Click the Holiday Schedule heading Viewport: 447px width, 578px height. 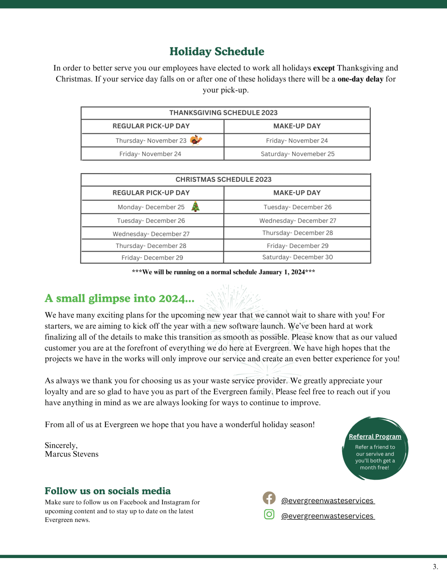217,52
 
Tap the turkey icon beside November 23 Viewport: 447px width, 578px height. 196,140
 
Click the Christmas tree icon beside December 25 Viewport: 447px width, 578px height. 195,207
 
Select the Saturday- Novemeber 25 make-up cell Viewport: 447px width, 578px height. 297,154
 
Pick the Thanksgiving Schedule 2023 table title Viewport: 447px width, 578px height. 223,113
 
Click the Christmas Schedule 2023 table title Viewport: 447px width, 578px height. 223,179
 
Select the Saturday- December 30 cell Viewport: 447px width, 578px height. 297,257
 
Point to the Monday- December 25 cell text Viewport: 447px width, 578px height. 151,207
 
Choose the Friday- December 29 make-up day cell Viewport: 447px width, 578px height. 297,246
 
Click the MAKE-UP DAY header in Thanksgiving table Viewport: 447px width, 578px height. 297,126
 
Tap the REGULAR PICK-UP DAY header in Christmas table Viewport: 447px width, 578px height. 151,193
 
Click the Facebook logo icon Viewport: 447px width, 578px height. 269,498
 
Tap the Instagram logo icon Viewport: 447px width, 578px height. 269,514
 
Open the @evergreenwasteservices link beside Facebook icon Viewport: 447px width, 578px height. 328,500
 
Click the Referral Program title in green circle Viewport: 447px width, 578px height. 375,437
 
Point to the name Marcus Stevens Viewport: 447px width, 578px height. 72,454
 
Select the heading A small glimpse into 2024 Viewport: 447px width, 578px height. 119,298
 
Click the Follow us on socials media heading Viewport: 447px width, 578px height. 107,491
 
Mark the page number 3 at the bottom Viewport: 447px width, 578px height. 435,567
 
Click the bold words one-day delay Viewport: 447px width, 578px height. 360,79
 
